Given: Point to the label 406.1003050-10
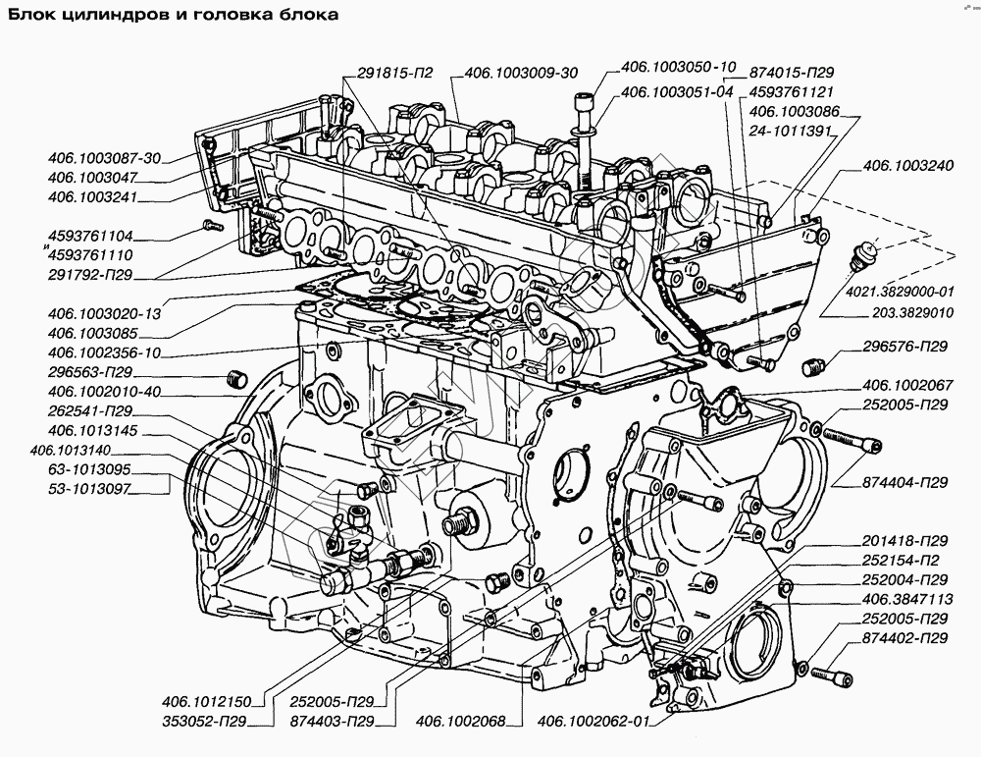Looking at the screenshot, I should [678, 68].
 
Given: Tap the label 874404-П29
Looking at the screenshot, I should [906, 483].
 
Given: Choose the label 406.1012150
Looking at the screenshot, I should [208, 702].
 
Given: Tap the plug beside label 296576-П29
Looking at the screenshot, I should [811, 368].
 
